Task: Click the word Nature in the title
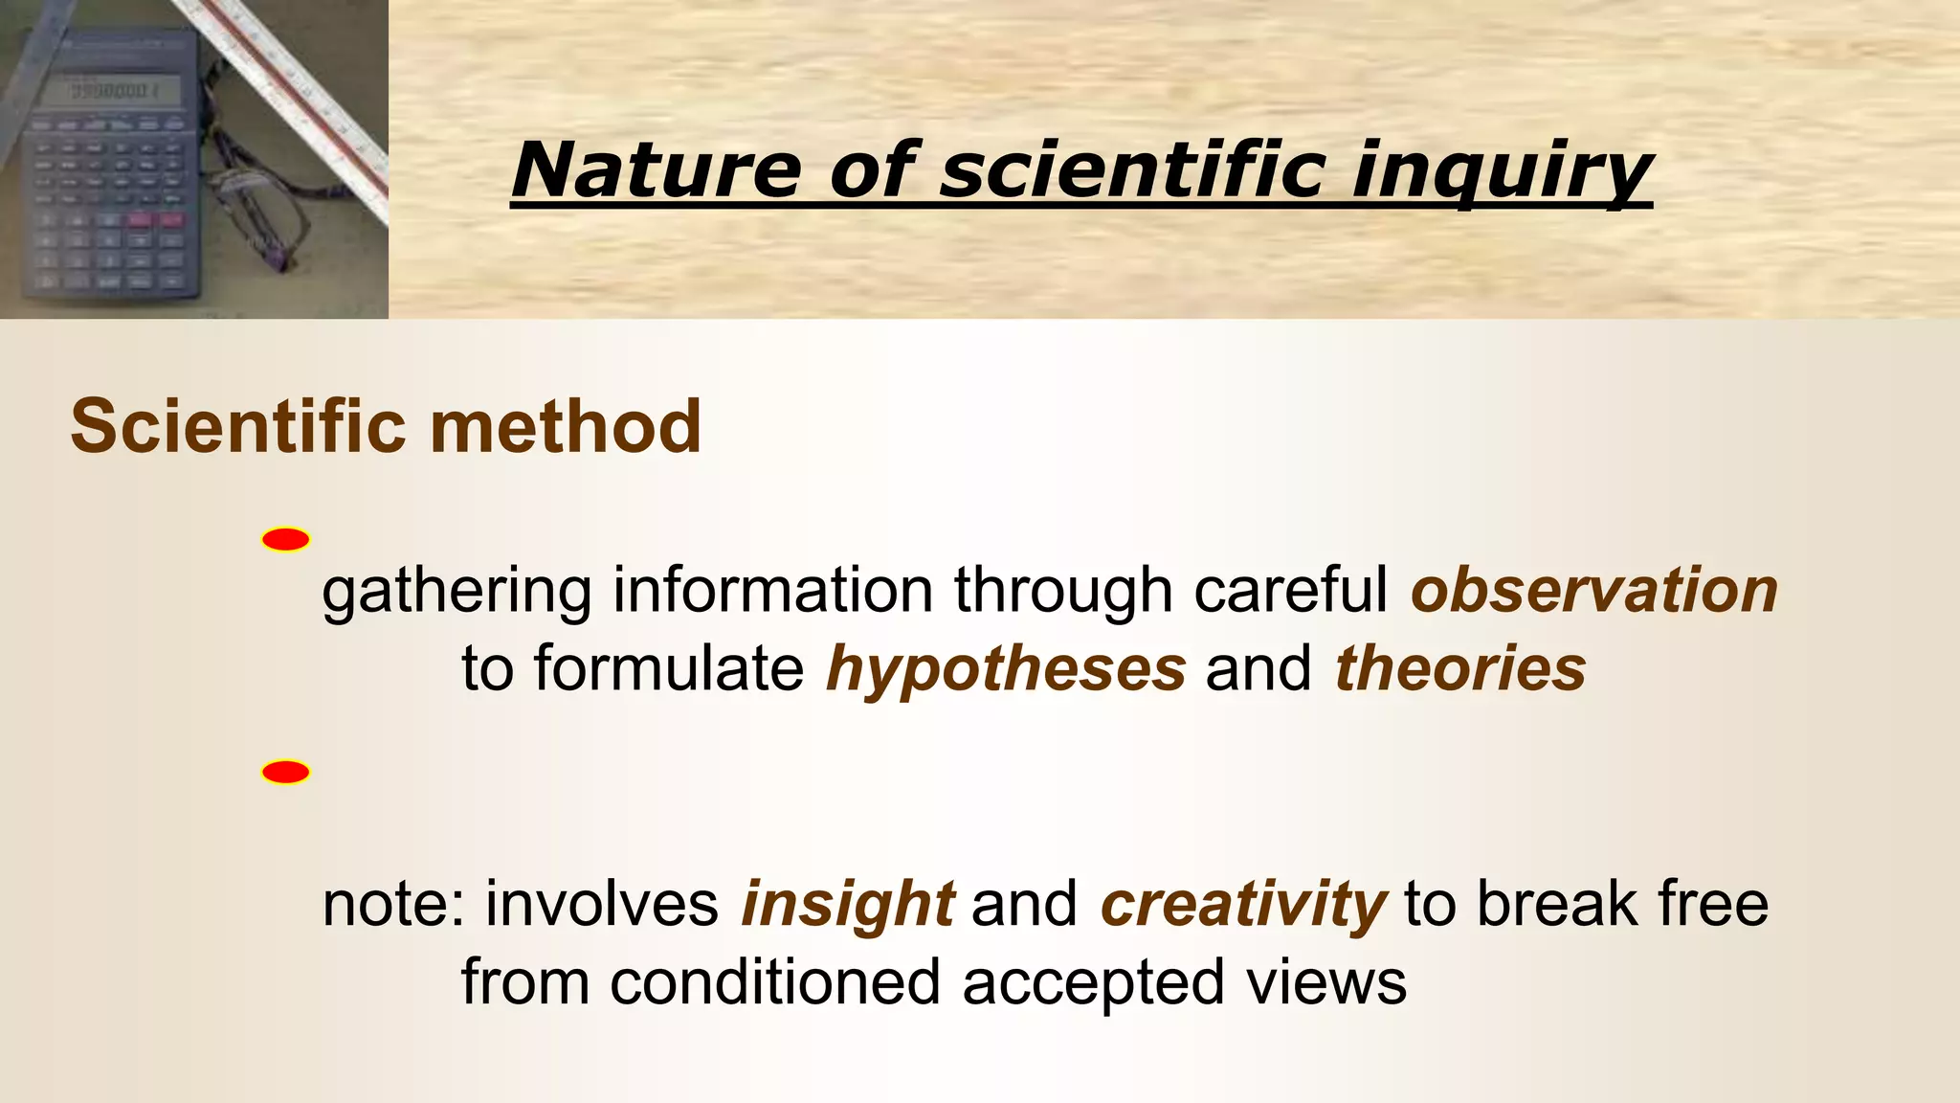coord(655,169)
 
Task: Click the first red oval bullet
coord(285,540)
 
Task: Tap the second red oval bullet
coord(285,773)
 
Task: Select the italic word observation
coord(1593,590)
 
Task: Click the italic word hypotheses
coord(1006,667)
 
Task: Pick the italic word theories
coord(1459,667)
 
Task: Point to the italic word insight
coord(847,903)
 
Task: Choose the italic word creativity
coord(1242,903)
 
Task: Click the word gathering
coord(457,592)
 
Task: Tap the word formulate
coord(669,667)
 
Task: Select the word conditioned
coord(775,982)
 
